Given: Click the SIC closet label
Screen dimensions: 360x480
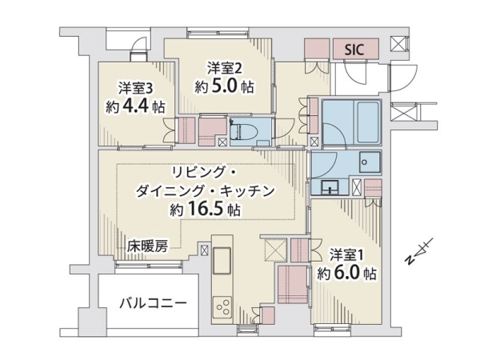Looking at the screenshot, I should tap(354, 49).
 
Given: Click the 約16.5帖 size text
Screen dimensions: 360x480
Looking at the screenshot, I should tap(205, 210).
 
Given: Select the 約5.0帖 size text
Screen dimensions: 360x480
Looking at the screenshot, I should tap(224, 86).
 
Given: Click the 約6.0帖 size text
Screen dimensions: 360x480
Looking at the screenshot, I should tap(346, 274).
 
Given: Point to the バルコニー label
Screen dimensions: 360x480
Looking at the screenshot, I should tap(152, 304).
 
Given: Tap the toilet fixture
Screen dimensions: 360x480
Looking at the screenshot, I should tap(242, 130).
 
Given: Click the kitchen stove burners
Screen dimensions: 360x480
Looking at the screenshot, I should tap(222, 308).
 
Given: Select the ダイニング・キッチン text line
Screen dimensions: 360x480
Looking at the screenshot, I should tap(208, 191).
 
